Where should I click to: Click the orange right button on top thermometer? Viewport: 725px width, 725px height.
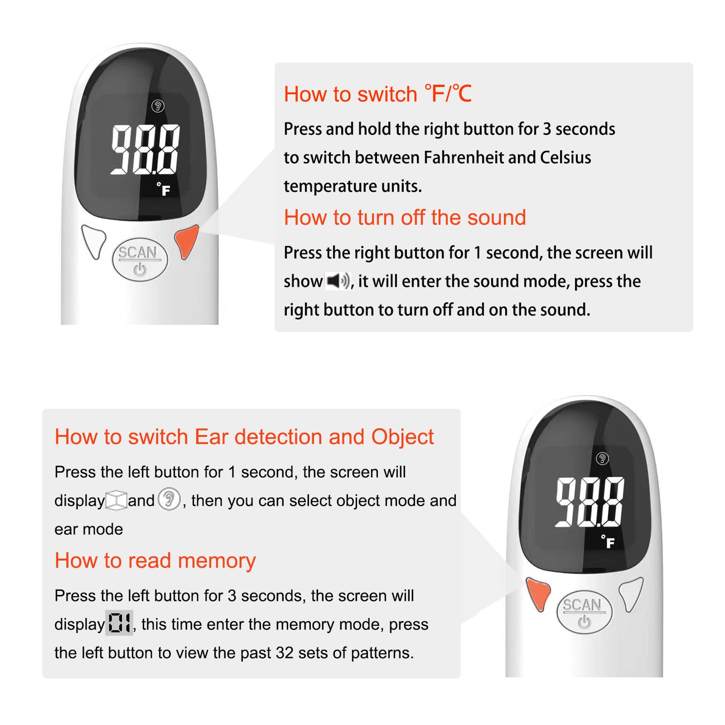(186, 242)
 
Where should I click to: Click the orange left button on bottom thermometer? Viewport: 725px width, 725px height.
(538, 594)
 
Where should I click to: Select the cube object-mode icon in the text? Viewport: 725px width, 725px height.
(116, 501)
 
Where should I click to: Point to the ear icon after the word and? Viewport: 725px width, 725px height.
(169, 500)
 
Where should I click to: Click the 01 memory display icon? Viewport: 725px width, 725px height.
(119, 623)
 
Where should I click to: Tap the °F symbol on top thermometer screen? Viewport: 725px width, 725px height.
(164, 189)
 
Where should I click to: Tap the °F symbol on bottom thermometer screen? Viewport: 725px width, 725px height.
(608, 541)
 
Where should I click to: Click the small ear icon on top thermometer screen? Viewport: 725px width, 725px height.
(158, 106)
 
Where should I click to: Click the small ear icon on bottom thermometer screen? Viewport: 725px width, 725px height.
(602, 459)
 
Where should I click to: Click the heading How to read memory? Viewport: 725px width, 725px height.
(155, 561)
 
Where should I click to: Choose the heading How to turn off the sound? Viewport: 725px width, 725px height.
(405, 217)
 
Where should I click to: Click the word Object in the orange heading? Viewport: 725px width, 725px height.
(402, 437)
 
